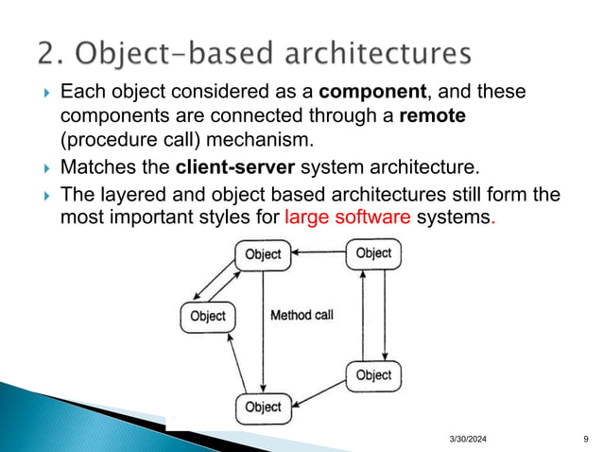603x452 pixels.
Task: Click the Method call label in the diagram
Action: (301, 315)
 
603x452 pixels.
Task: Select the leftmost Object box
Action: (207, 316)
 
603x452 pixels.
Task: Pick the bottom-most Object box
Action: (263, 407)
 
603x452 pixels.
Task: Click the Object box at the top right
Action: (373, 253)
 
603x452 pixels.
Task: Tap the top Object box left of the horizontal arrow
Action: (263, 253)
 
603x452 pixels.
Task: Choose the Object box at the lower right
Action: (373, 375)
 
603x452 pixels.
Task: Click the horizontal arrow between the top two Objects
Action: (319, 253)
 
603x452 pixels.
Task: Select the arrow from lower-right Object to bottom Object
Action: (319, 392)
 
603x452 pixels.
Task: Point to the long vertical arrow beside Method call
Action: (264, 330)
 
